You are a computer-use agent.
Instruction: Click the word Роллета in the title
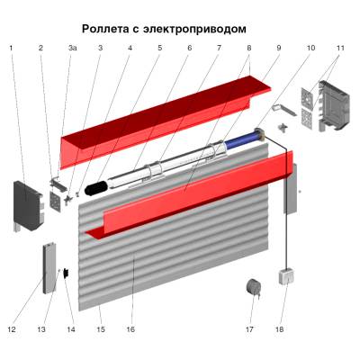point(109,29)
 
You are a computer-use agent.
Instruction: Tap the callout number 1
point(12,47)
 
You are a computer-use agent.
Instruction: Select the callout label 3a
point(72,47)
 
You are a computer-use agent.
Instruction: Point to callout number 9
point(279,47)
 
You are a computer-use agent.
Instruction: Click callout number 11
point(340,47)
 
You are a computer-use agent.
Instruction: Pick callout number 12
point(12,330)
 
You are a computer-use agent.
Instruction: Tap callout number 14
point(72,330)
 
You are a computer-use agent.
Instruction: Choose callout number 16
point(130,330)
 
